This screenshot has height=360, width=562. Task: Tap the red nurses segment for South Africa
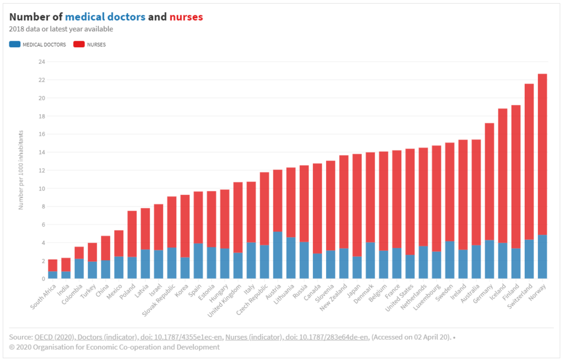(53, 265)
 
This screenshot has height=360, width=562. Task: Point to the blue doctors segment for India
(66, 275)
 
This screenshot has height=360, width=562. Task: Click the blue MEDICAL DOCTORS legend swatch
(15, 44)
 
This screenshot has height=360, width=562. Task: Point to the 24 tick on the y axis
(41, 61)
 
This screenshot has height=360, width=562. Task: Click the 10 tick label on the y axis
(41, 188)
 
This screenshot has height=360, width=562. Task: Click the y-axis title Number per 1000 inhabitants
(21, 170)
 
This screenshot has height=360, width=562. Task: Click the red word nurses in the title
(186, 17)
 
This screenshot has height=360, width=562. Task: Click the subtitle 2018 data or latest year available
(61, 29)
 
